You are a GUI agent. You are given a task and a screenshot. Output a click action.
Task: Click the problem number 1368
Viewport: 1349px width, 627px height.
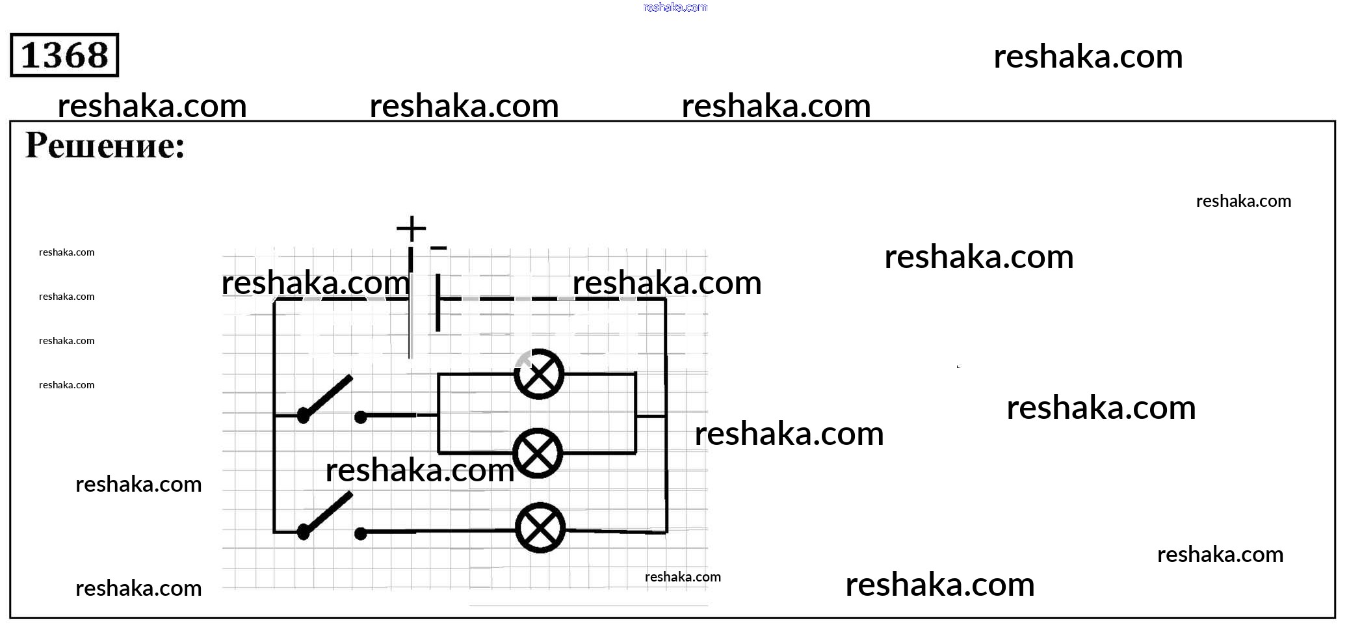(x=64, y=55)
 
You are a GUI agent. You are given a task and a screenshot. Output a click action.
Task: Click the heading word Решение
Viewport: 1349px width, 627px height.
(x=105, y=146)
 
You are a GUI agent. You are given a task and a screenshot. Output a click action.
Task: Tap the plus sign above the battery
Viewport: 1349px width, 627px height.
(x=411, y=229)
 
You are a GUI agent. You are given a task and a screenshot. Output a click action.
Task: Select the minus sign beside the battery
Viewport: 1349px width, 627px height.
(x=439, y=248)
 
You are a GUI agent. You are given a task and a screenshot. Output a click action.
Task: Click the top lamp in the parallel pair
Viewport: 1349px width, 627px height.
(x=539, y=374)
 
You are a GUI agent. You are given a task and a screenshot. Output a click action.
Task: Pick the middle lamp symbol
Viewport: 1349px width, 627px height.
(x=538, y=453)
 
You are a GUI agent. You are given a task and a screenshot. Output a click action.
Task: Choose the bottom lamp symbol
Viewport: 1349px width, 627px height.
(x=540, y=527)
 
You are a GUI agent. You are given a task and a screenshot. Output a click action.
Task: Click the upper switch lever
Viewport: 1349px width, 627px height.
(x=327, y=395)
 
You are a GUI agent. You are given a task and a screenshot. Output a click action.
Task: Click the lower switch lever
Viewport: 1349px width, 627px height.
(x=327, y=513)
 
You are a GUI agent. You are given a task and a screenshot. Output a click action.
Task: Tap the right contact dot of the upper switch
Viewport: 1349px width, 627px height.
(x=361, y=417)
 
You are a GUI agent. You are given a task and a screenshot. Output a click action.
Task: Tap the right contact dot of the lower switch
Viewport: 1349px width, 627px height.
(x=361, y=534)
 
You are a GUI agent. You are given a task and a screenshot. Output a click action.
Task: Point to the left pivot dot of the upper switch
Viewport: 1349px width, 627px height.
(x=303, y=416)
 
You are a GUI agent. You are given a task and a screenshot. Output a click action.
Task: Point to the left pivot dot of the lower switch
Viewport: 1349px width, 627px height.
(x=303, y=533)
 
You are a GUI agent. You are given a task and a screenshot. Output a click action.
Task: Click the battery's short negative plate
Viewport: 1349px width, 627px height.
(x=438, y=302)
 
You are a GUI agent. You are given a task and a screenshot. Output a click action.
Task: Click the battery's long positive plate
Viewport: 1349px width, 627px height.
(x=411, y=302)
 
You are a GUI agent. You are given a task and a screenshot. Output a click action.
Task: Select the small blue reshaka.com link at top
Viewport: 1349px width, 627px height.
(x=675, y=7)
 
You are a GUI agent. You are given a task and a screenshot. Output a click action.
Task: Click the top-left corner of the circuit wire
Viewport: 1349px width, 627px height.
(x=274, y=300)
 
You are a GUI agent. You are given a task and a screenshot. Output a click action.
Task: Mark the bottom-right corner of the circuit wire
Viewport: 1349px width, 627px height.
(x=666, y=533)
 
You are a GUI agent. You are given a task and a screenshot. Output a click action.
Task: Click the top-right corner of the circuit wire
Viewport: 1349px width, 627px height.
(x=665, y=299)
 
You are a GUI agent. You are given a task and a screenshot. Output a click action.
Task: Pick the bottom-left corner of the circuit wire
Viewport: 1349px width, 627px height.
(x=274, y=532)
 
